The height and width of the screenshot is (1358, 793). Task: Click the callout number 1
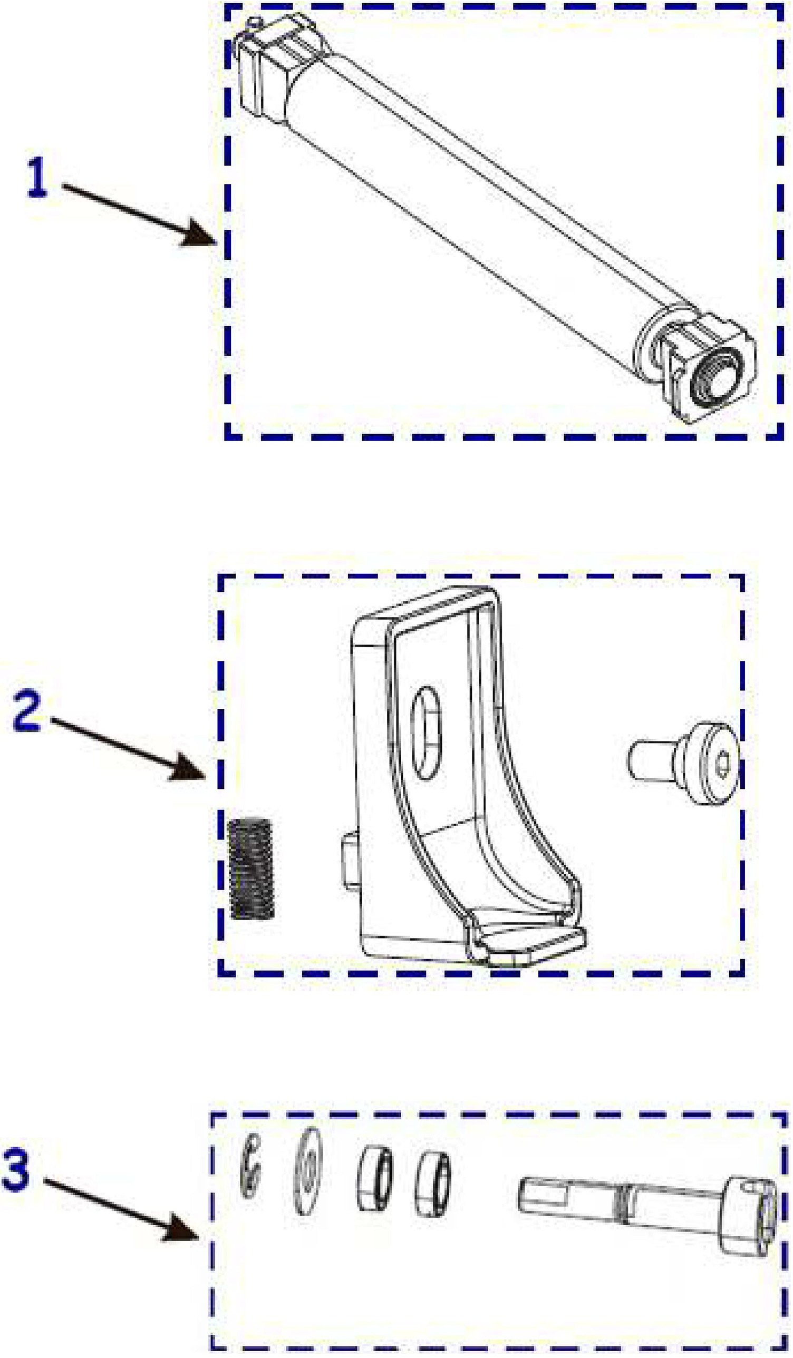(x=37, y=178)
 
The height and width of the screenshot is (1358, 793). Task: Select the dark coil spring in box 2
(x=252, y=868)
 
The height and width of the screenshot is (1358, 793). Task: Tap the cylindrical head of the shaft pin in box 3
(x=749, y=1213)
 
